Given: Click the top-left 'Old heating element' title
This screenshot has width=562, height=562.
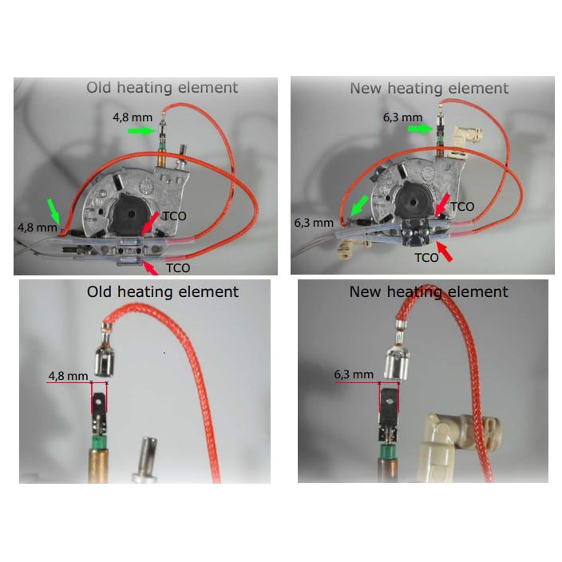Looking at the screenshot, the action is (x=162, y=88).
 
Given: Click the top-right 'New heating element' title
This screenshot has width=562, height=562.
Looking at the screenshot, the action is (x=429, y=88).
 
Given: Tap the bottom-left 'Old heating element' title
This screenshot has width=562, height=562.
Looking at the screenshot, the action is (x=162, y=291).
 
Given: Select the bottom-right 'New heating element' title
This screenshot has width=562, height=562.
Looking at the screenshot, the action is (x=429, y=291).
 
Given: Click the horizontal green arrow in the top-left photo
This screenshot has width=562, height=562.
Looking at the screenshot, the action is (x=141, y=131).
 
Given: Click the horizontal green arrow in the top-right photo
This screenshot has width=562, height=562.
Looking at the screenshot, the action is (x=421, y=129).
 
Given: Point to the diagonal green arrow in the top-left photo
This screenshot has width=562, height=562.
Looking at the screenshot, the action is (x=53, y=211).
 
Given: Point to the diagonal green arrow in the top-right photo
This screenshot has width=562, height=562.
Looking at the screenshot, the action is (x=360, y=206).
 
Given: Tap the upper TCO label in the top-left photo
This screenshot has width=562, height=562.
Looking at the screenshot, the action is (x=175, y=216).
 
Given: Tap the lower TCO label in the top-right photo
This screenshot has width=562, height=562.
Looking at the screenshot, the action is (x=426, y=258).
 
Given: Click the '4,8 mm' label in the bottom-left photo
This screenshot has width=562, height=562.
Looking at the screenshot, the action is (x=68, y=376).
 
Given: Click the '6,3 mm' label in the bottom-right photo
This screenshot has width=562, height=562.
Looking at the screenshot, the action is (x=354, y=375).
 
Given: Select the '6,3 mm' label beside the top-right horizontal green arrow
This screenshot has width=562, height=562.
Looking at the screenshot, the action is (x=403, y=117).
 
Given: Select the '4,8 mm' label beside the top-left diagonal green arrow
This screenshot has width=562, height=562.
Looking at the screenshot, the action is (x=38, y=228).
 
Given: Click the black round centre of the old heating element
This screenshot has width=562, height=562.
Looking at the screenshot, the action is (x=131, y=214).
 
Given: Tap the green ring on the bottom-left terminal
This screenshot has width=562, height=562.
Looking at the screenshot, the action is (x=98, y=442).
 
